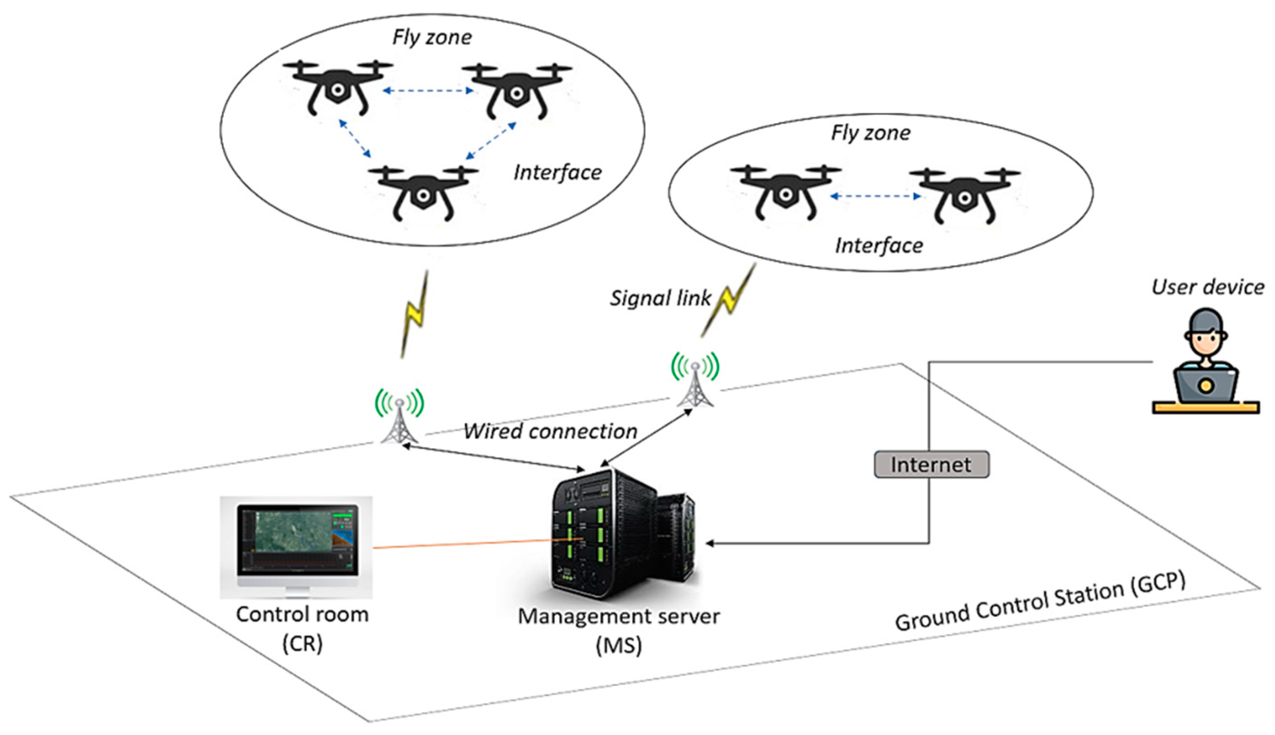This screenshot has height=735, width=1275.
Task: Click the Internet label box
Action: [x=931, y=465]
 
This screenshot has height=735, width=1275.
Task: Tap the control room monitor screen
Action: [x=298, y=540]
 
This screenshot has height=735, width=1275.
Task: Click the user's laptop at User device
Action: [x=1205, y=386]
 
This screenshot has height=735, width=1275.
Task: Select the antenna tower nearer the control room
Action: [x=399, y=419]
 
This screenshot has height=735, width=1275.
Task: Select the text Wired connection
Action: [x=550, y=432]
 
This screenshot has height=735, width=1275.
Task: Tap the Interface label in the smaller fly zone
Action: [x=879, y=246]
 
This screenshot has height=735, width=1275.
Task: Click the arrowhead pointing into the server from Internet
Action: [x=710, y=544]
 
